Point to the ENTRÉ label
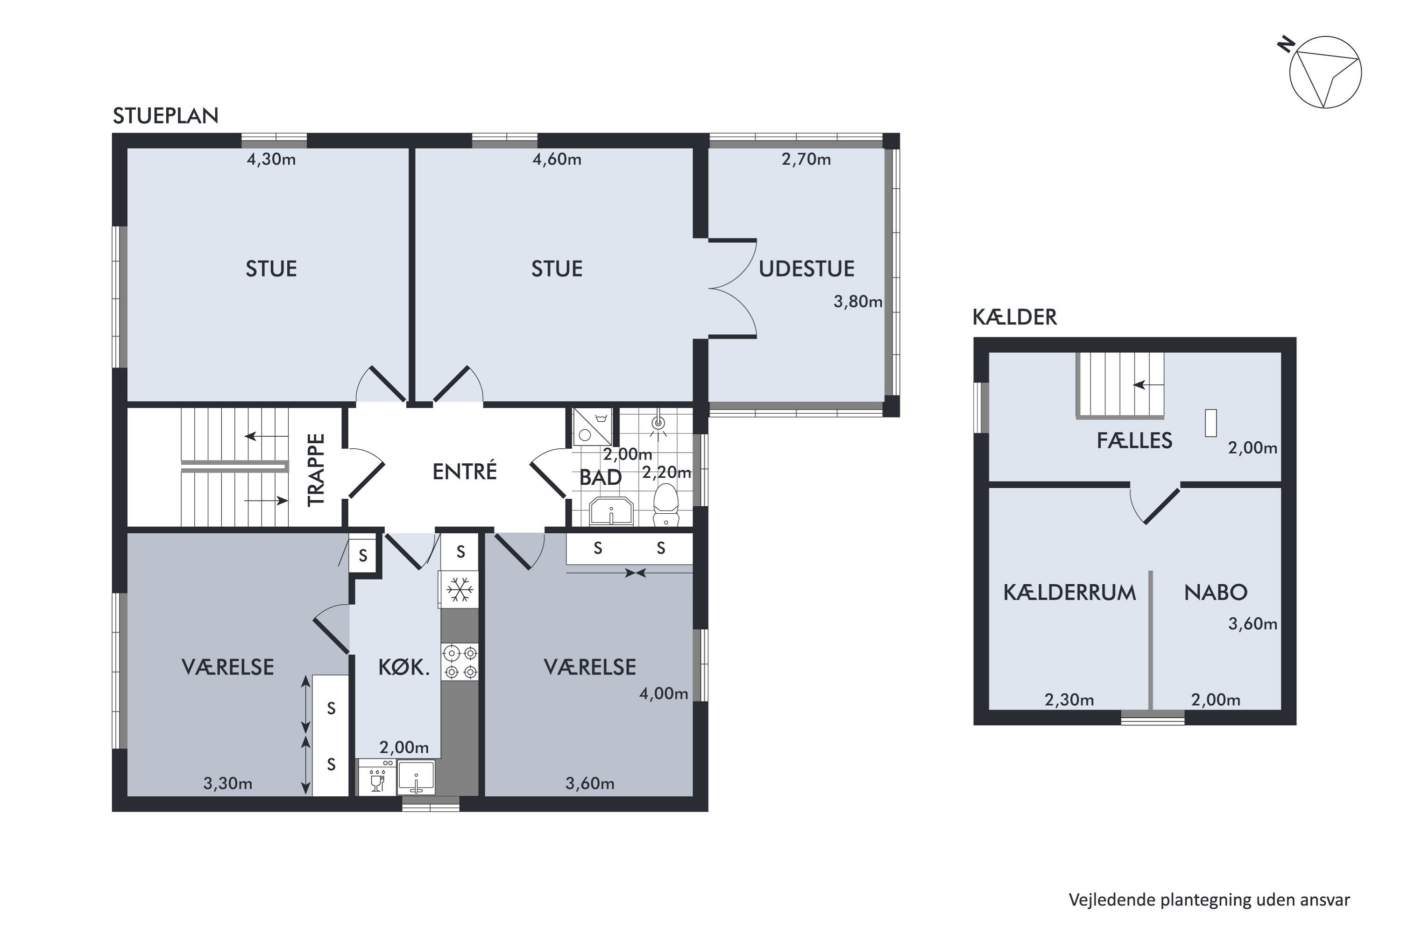(x=465, y=471)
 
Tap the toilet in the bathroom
(x=666, y=505)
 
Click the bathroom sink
(x=611, y=511)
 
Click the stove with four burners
(x=460, y=662)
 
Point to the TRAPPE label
(x=316, y=470)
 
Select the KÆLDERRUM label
(x=1070, y=593)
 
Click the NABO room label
(x=1216, y=593)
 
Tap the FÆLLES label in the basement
(x=1135, y=441)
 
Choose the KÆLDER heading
(x=1015, y=317)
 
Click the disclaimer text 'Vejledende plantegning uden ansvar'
(x=1209, y=900)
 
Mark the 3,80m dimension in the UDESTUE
(x=858, y=302)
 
